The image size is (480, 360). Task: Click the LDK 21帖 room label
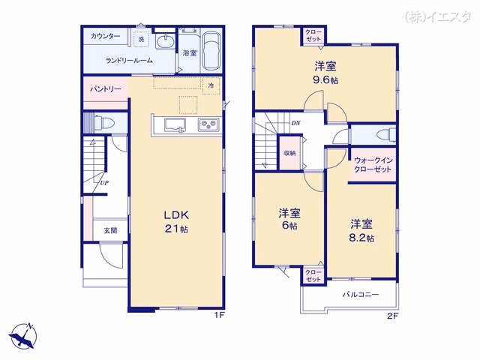(176, 221)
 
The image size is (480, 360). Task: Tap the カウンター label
(105, 37)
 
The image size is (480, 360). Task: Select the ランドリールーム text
(129, 60)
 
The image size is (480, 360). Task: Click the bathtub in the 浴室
(211, 51)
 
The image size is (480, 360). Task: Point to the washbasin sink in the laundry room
(165, 41)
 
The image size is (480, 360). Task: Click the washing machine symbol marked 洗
(141, 39)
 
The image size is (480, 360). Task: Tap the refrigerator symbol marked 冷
(211, 85)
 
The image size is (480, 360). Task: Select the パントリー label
(105, 89)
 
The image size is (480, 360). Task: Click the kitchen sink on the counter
(175, 125)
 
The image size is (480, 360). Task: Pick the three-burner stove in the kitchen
(208, 125)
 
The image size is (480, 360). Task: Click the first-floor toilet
(104, 123)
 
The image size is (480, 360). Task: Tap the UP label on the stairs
(104, 183)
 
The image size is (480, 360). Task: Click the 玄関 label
(110, 230)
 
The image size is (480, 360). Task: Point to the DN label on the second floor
(295, 123)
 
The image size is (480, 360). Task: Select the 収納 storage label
(289, 153)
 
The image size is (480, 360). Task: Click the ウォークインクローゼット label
(373, 165)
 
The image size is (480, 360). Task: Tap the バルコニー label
(361, 295)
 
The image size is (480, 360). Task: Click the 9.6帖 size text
(325, 80)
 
